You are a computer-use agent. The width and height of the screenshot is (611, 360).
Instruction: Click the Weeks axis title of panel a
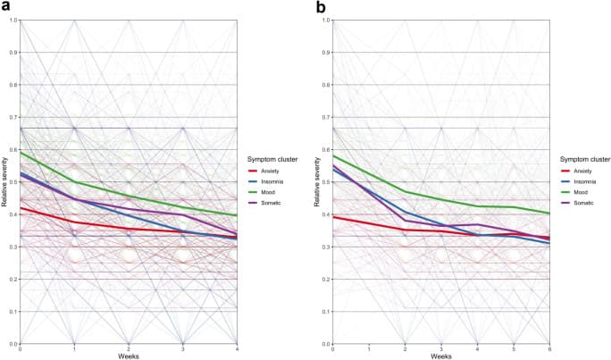tap(129, 355)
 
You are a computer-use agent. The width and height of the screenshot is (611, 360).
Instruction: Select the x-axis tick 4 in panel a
tap(237, 348)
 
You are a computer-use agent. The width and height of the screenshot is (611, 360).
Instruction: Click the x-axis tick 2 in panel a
tap(129, 348)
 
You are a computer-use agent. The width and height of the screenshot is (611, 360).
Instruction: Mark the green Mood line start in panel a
tap(21, 152)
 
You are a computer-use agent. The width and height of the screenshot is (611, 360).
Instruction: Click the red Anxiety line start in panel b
tap(333, 217)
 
